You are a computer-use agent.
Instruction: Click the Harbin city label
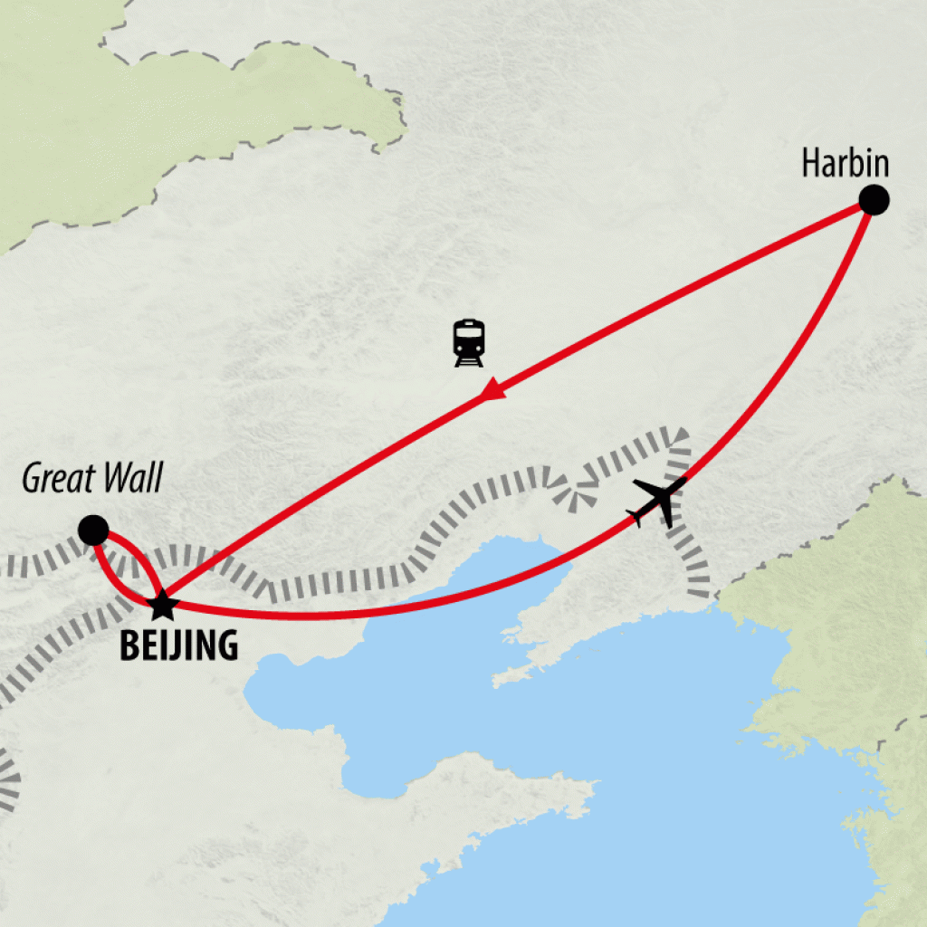846,164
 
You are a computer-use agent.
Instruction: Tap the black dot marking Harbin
873,200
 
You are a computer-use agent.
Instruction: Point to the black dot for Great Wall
93,530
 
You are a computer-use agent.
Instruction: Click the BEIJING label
179,645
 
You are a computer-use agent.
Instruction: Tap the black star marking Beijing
162,603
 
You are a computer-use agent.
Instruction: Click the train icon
469,343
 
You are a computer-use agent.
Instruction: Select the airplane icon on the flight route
660,501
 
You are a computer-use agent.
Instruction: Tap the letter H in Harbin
810,164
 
